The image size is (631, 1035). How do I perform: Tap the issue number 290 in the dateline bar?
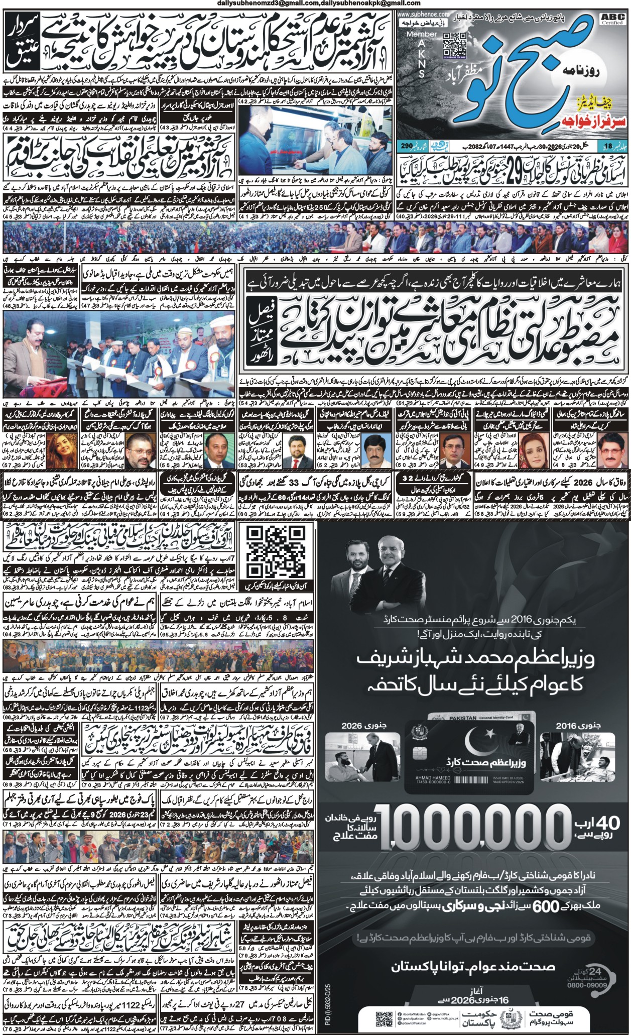[x=407, y=146]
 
